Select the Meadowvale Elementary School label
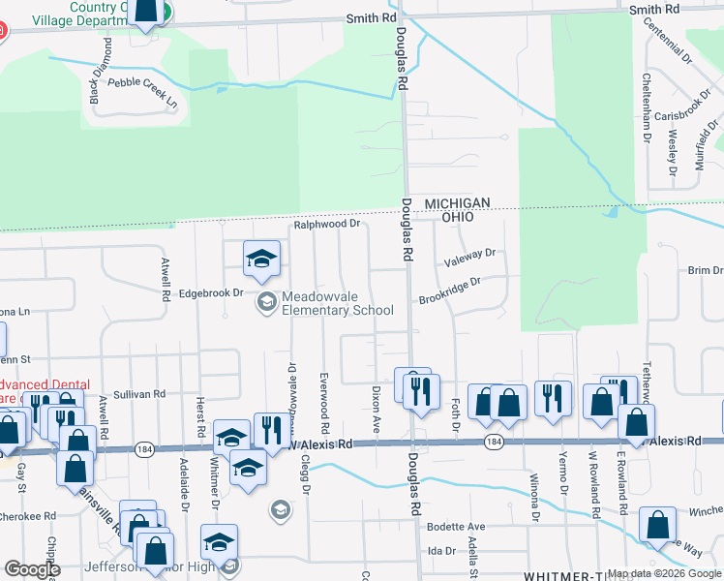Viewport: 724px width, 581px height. coord(337,303)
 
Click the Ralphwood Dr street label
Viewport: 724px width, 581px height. coord(327,224)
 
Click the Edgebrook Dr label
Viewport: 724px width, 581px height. coord(209,291)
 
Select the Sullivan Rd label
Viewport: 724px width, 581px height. coord(139,394)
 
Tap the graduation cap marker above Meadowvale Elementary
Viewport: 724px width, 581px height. coord(260,260)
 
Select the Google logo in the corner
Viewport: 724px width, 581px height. coord(32,569)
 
